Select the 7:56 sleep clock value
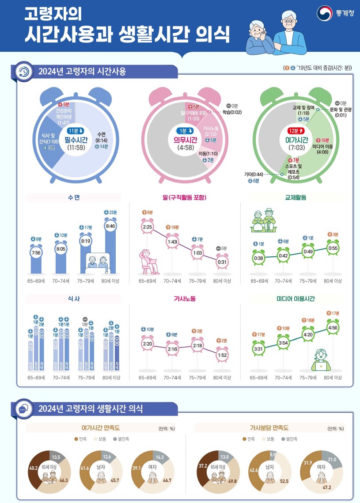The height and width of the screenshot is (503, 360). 36,252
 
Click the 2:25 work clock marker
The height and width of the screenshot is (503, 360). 147,228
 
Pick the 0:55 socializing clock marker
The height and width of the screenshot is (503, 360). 333,249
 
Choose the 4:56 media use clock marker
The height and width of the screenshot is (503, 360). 333,328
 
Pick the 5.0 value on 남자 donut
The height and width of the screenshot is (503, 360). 273,454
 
